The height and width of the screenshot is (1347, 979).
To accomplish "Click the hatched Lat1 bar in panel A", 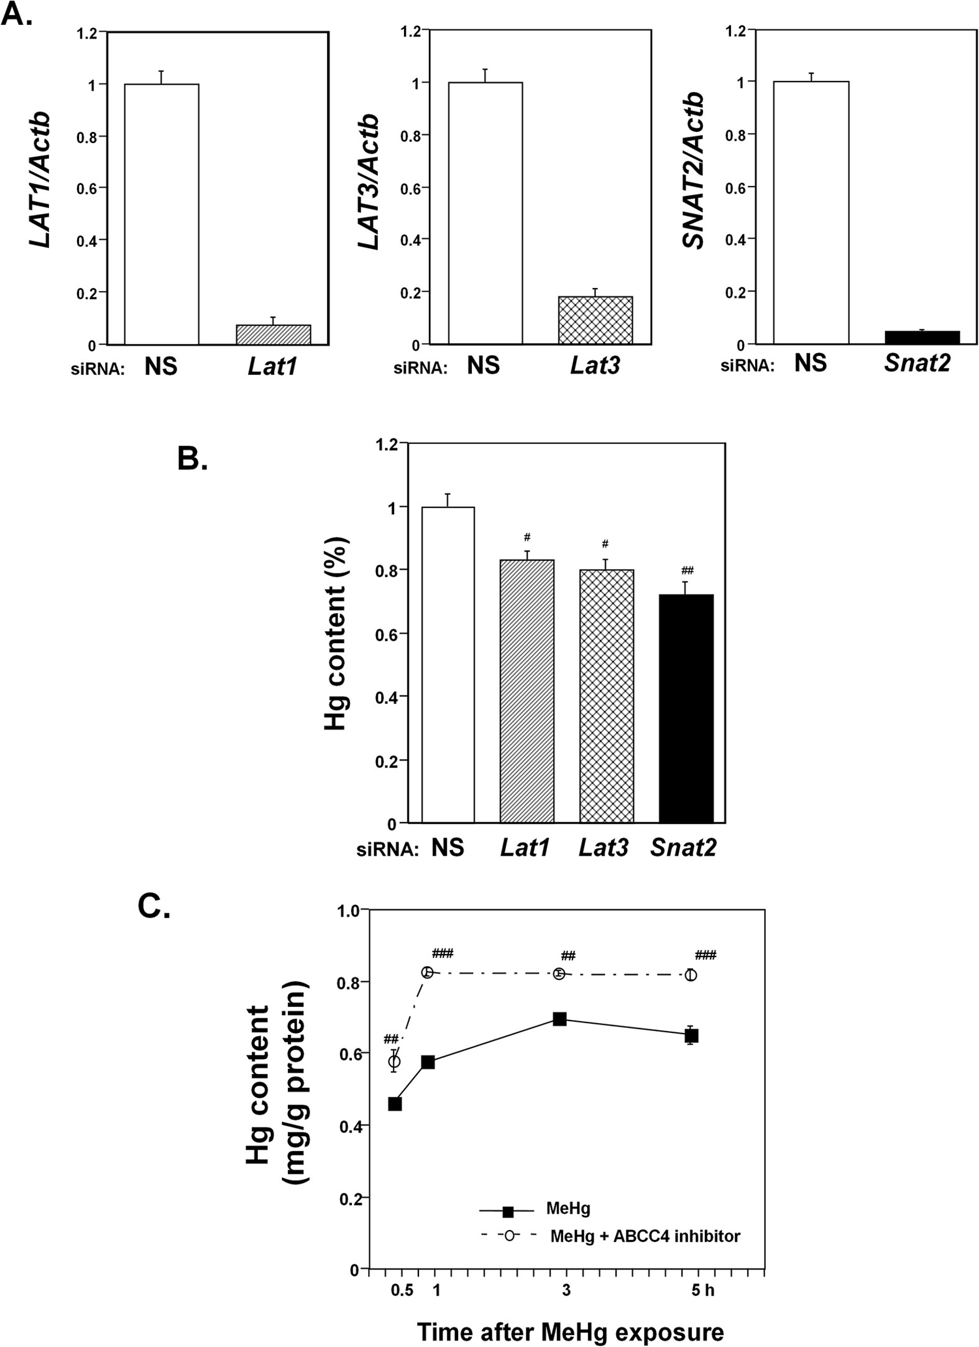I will pos(273,335).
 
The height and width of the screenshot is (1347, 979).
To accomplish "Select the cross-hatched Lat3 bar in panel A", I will pos(595,320).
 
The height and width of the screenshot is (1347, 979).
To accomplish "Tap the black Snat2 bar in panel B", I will pos(686,709).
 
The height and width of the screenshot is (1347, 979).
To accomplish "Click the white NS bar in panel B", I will pos(448,665).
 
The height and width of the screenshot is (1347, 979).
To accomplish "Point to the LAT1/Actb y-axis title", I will pos(41,180).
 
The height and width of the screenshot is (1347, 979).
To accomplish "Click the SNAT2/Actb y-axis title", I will pos(693,171).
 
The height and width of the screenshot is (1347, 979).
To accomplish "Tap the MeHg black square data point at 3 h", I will pos(559,1019).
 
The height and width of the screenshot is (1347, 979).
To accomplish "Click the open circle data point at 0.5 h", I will pos(395,1061).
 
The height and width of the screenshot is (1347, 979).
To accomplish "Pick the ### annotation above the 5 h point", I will pos(706,955).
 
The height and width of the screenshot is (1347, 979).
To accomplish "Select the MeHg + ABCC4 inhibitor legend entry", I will pos(644,1236).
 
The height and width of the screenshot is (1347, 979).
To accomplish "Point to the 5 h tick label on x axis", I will pos(702,1290).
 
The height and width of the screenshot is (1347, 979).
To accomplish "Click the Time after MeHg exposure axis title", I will pos(570,1332).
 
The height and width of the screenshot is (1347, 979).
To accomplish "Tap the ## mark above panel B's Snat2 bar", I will pos(687,570).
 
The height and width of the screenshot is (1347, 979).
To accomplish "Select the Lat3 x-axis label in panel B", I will pos(604,848).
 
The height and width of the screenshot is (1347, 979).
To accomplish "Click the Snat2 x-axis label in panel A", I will pos(917,363).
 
